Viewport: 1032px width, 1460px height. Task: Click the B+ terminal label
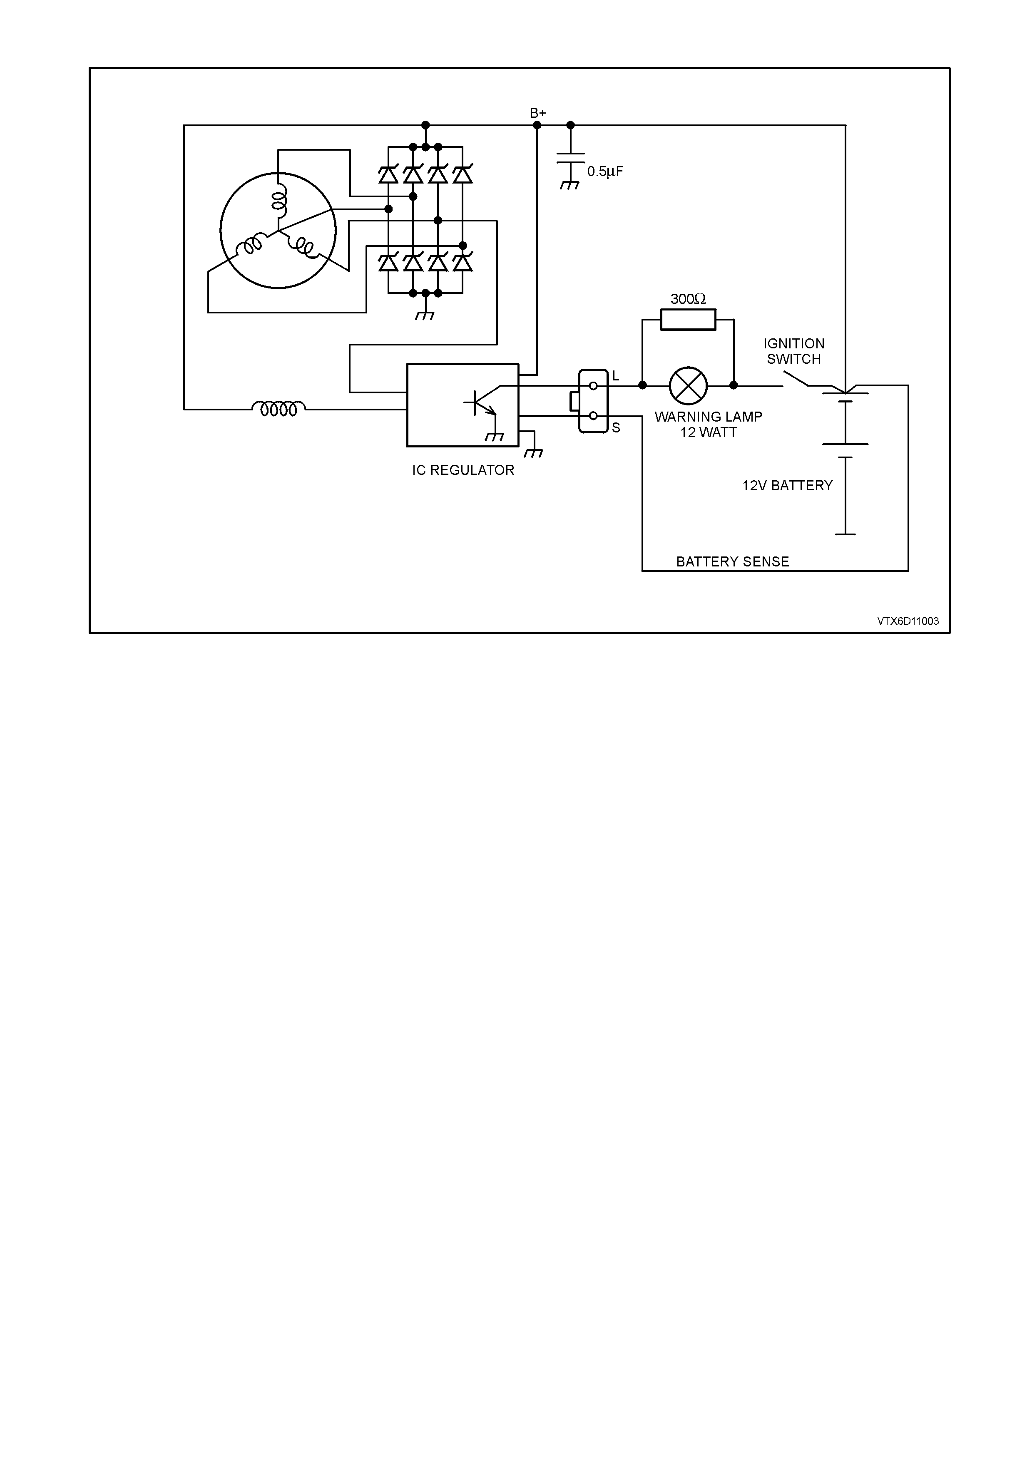(538, 113)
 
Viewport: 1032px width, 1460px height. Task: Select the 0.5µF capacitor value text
(605, 172)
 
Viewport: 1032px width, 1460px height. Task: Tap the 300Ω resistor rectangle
(688, 320)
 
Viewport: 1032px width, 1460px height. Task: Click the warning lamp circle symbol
(688, 385)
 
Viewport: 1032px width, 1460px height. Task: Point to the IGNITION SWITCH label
(794, 351)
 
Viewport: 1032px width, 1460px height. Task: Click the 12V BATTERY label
(787, 486)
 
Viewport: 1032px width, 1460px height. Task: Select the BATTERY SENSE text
(733, 561)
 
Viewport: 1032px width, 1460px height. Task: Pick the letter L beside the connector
(616, 377)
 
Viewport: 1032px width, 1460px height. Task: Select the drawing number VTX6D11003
(908, 621)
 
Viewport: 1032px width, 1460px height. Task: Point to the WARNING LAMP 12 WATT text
(709, 425)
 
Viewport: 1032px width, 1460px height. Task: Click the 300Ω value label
(688, 299)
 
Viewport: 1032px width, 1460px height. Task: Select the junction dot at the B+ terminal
(537, 125)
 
